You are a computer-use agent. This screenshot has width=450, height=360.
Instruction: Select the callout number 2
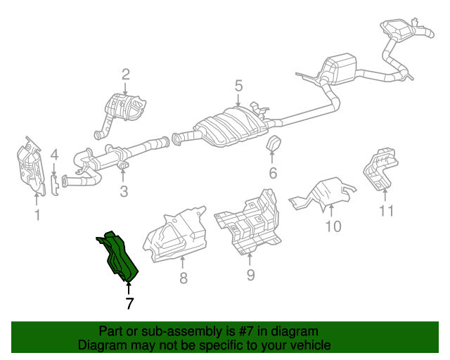coord(126,74)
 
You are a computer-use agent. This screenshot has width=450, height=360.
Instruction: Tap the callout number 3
coord(123,191)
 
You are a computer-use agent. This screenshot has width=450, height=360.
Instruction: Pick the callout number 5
coord(238,86)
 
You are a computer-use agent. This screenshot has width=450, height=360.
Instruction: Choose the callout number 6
coord(273,173)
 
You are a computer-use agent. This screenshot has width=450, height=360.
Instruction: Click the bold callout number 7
coord(129,304)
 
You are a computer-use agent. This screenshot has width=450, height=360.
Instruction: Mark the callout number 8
coord(183,278)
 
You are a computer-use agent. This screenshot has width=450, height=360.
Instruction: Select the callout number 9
coord(250,275)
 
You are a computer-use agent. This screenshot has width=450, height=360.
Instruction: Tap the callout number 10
coord(333,226)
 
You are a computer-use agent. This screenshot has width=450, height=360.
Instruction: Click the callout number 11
coord(387,210)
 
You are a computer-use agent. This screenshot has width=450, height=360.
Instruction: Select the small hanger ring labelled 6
coord(273,144)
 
